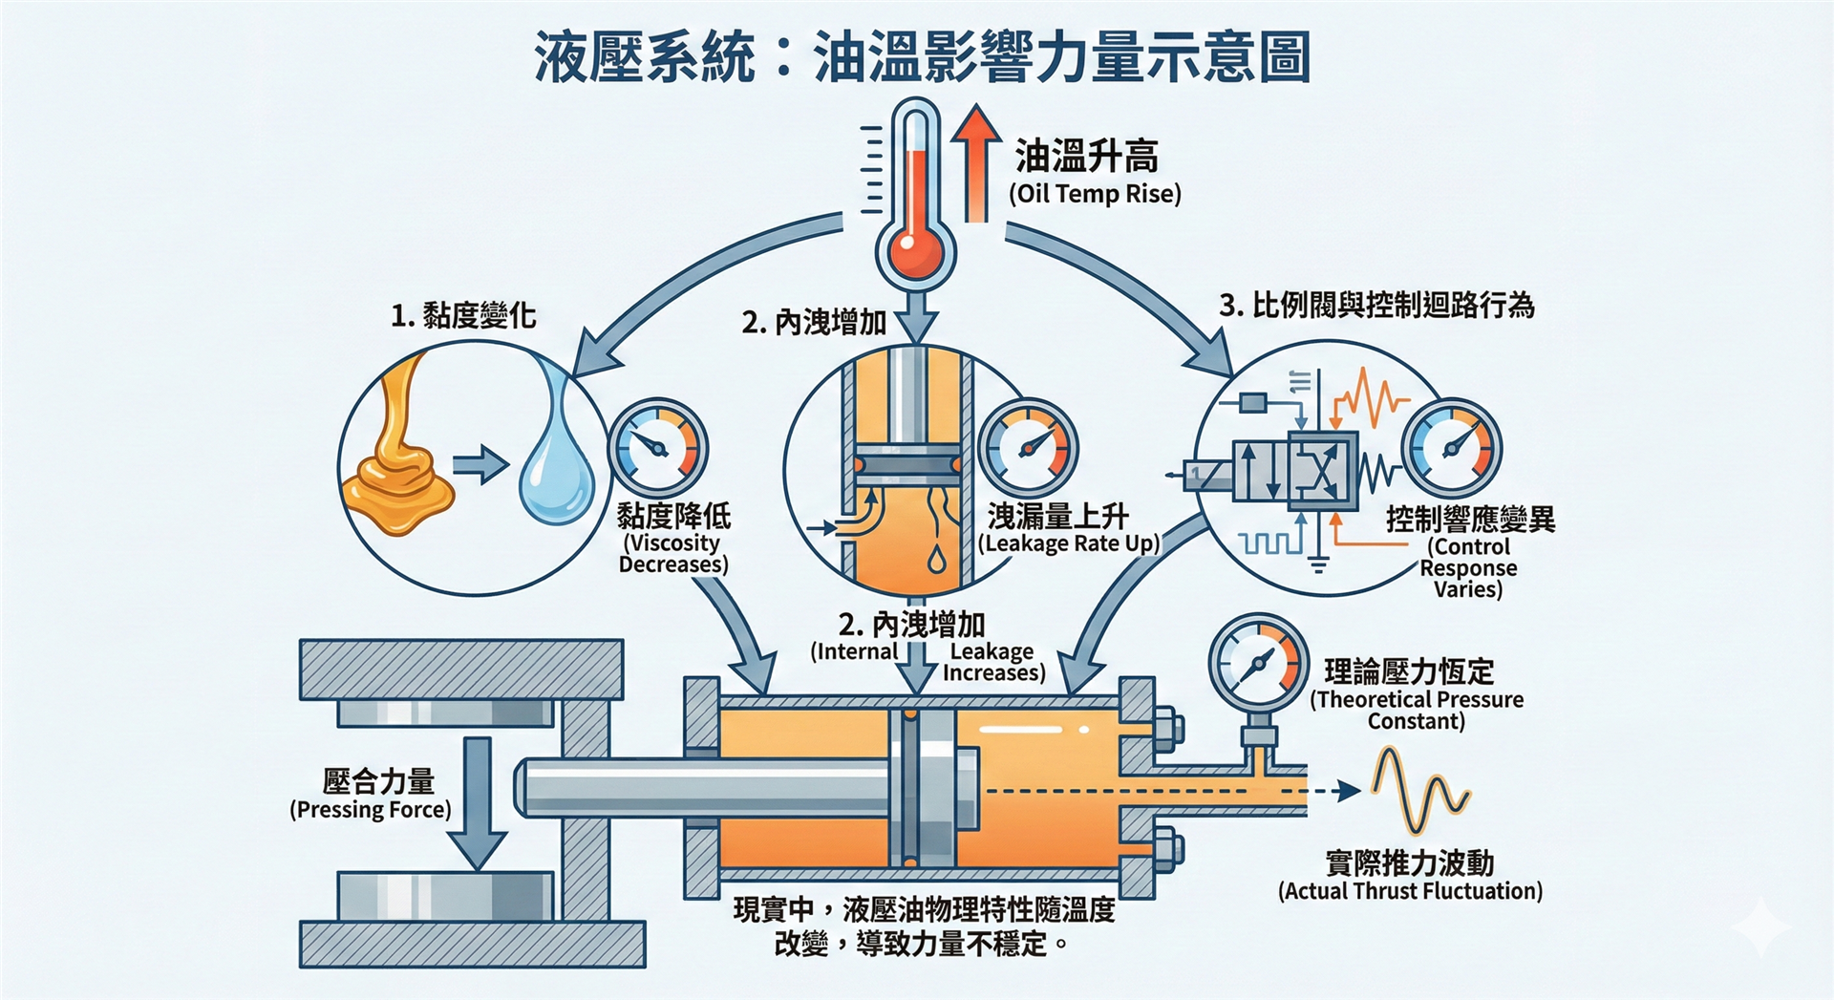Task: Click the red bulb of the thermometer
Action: pyautogui.click(x=914, y=251)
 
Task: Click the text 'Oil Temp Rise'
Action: pyautogui.click(x=1095, y=194)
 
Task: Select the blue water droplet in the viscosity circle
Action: pyautogui.click(x=555, y=468)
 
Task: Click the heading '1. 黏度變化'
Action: pyautogui.click(x=463, y=315)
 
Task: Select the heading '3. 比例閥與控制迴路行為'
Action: pyautogui.click(x=1376, y=306)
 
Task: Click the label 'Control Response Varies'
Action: pyautogui.click(x=1468, y=567)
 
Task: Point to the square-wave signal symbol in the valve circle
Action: pyautogui.click(x=1270, y=543)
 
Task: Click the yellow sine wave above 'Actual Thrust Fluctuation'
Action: pyautogui.click(x=1420, y=792)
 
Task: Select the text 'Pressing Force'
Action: pyautogui.click(x=371, y=810)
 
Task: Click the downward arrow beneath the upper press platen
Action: pyautogui.click(x=478, y=802)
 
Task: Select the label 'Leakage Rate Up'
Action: pyautogui.click(x=1068, y=543)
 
